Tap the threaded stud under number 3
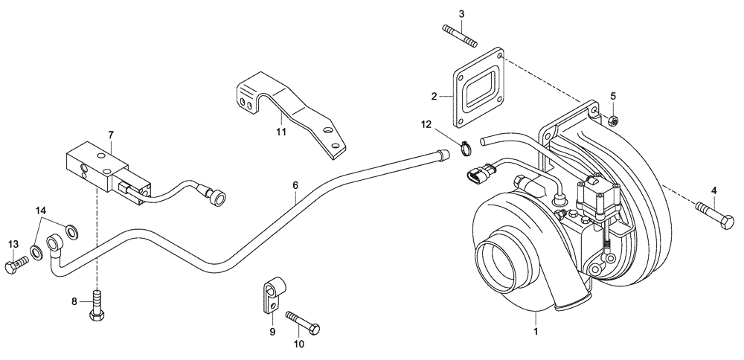click(x=459, y=36)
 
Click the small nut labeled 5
click(x=613, y=119)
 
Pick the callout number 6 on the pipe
click(x=295, y=184)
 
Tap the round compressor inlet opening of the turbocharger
click(x=499, y=260)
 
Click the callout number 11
click(x=280, y=132)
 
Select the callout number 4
click(x=714, y=190)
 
